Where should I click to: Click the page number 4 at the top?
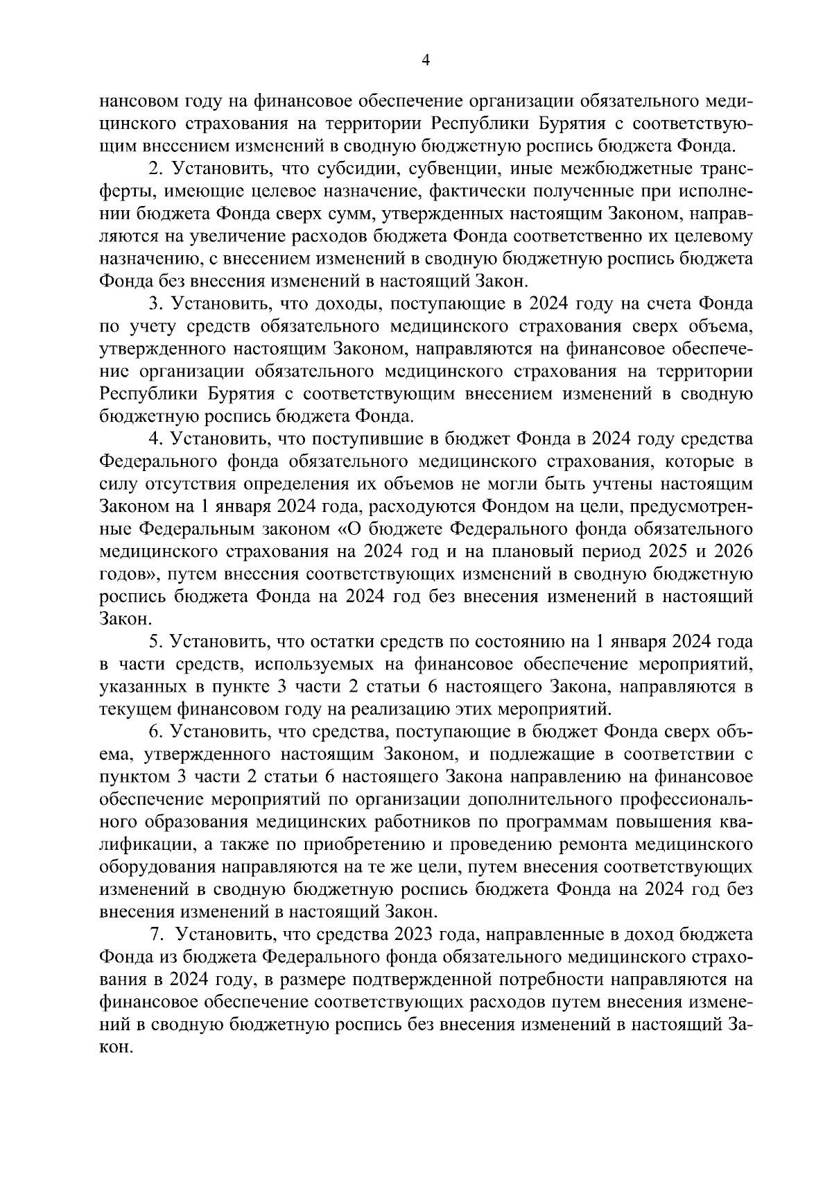coord(426,61)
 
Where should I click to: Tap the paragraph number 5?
coord(155,642)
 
